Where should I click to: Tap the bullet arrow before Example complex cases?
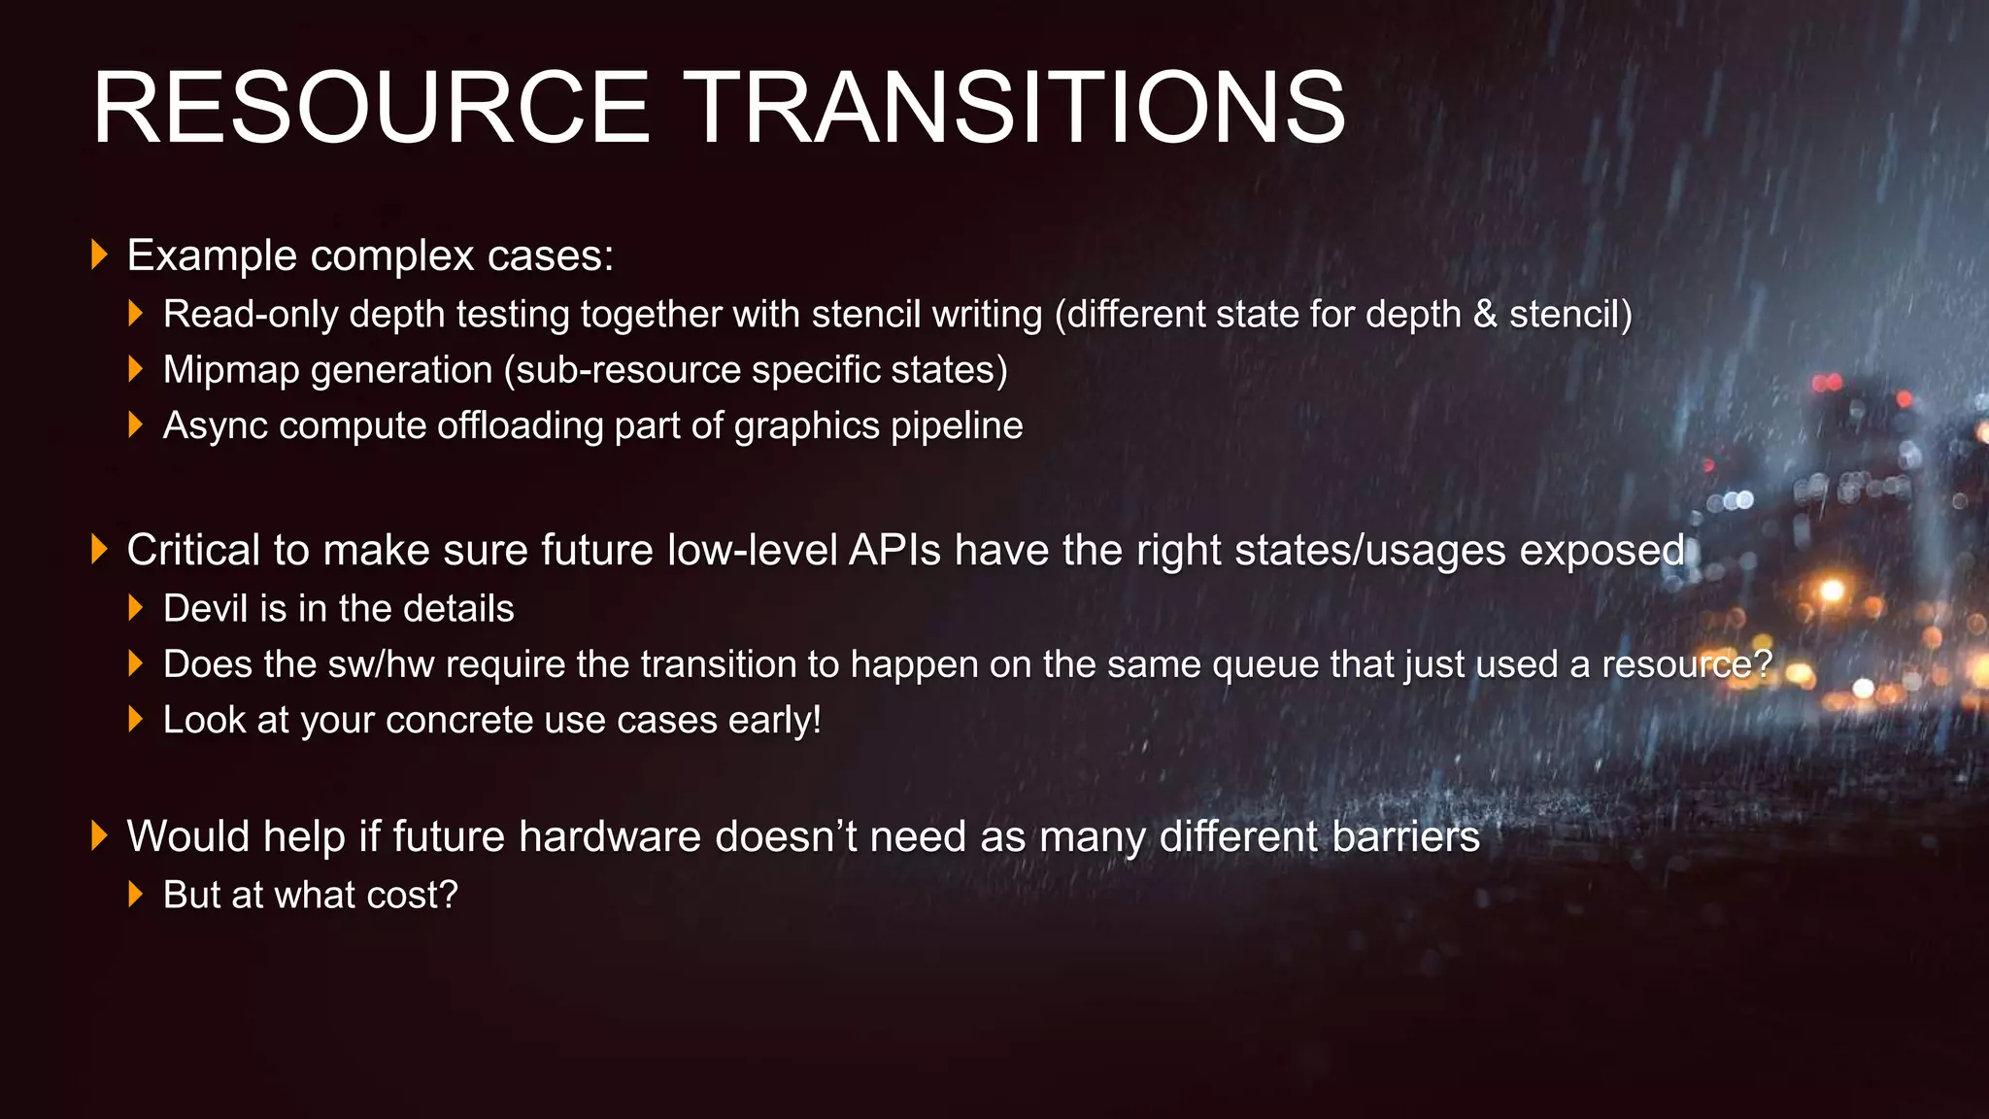pyautogui.click(x=98, y=255)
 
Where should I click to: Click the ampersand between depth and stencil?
pyautogui.click(x=1485, y=315)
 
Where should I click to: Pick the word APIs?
pyautogui.click(x=894, y=551)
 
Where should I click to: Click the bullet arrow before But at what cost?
pyautogui.click(x=136, y=895)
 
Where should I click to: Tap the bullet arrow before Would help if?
pyautogui.click(x=98, y=836)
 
